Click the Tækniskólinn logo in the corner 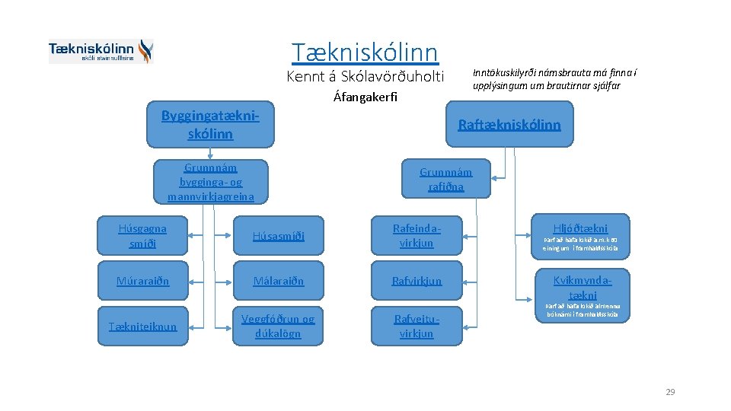(101, 51)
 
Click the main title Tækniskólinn (365, 52)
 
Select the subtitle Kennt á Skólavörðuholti (365, 76)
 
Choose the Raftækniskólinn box (509, 125)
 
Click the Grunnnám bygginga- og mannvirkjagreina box (210, 182)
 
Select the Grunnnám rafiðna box (445, 180)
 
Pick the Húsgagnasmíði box (142, 235)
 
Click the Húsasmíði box (278, 236)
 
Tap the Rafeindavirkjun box (416, 235)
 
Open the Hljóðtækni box (580, 235)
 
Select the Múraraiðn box (142, 281)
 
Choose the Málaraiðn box (278, 281)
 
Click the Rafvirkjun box (416, 281)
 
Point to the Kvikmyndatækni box (582, 287)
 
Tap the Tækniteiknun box (142, 326)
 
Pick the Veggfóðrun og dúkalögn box (278, 326)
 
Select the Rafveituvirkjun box (416, 326)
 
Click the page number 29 (670, 392)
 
